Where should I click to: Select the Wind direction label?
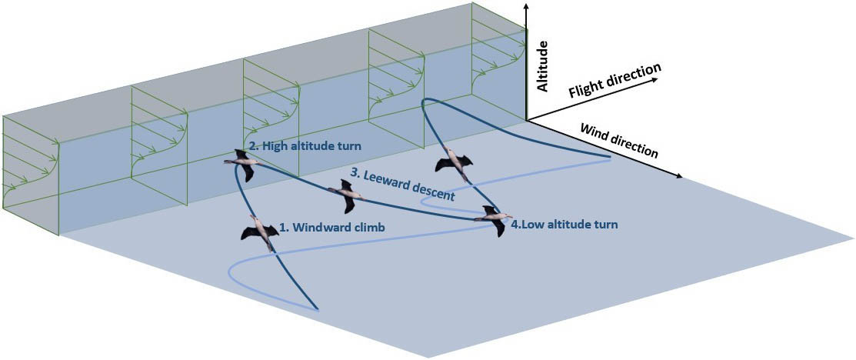tap(619, 140)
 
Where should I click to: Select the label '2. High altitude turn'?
tap(305, 145)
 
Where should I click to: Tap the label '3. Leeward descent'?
tap(402, 185)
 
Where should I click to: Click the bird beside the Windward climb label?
tap(259, 231)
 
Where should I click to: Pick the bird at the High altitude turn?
tap(243, 164)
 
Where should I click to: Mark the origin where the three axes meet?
tap(527, 118)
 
